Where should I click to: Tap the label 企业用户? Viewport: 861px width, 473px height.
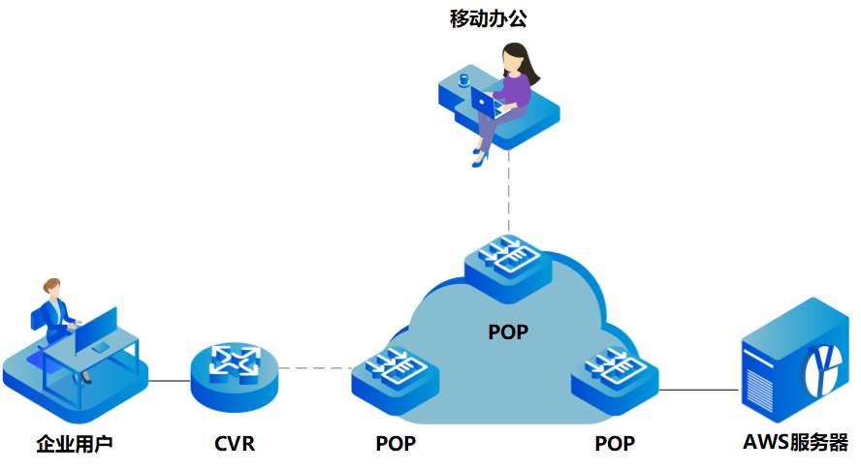click(75, 445)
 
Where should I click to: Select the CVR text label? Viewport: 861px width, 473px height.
click(235, 445)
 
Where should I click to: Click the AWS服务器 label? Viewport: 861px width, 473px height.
click(796, 445)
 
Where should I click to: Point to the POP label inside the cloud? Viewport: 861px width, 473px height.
click(508, 332)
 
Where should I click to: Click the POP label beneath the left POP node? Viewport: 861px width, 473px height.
click(396, 445)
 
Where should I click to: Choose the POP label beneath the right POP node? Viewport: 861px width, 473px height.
click(615, 445)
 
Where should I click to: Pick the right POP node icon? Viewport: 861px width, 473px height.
click(615, 373)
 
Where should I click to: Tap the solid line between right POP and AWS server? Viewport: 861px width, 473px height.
click(698, 390)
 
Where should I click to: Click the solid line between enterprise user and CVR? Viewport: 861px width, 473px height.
click(169, 381)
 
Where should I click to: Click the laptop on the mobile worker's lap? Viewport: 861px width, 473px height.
click(486, 100)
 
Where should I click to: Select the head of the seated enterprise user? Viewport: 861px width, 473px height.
click(51, 288)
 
